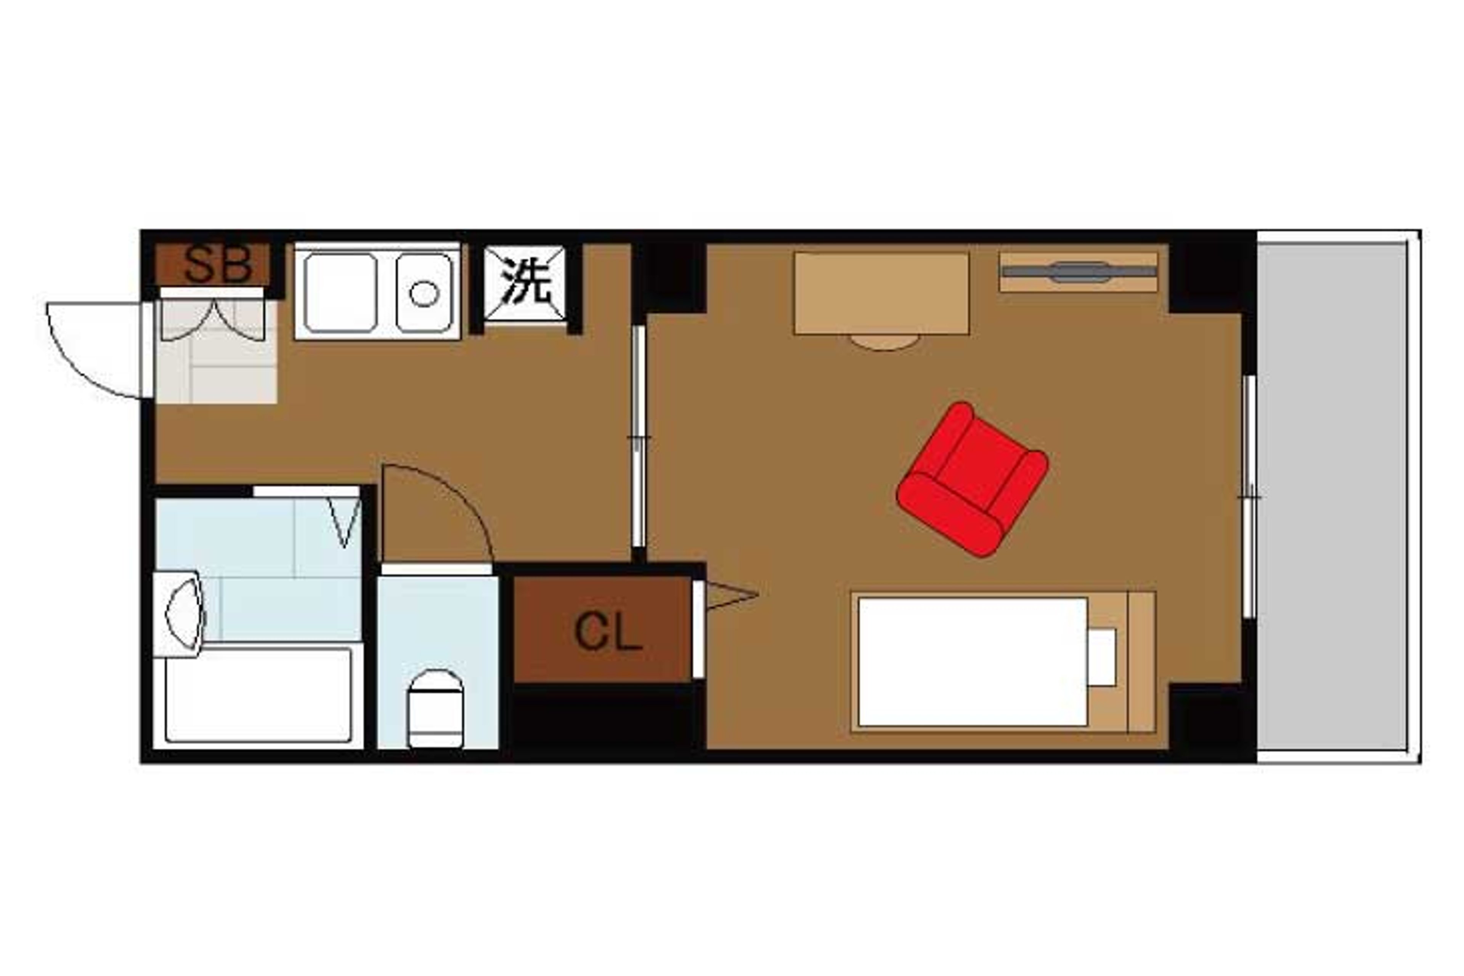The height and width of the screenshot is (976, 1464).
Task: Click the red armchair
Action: tap(972, 479)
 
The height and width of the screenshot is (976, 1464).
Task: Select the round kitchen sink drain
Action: tap(424, 294)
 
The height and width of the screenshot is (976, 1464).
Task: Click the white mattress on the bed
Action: tap(972, 662)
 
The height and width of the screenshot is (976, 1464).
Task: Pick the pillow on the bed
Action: tap(1102, 657)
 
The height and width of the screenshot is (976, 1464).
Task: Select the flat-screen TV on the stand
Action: tap(1079, 272)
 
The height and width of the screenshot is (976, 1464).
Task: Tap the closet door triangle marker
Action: tap(731, 595)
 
